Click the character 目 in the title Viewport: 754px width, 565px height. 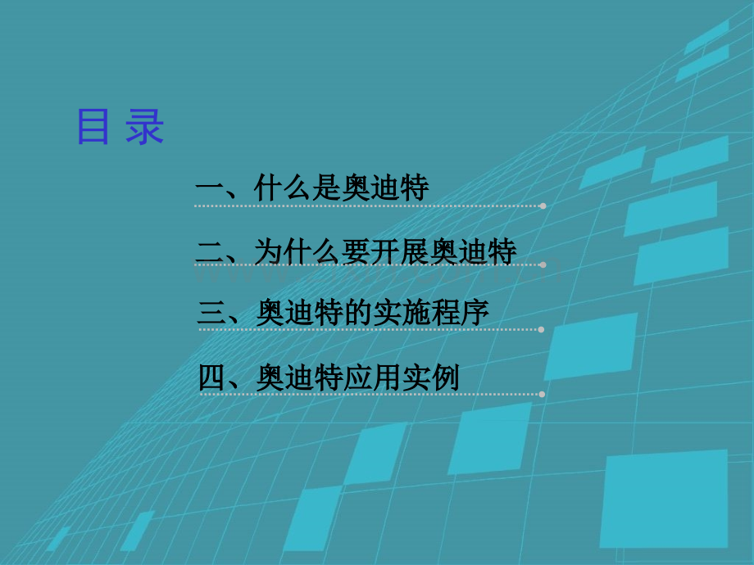pos(93,126)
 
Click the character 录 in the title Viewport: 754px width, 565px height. pos(145,126)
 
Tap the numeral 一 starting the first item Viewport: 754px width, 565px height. pos(209,188)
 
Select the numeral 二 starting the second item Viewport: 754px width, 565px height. pos(211,251)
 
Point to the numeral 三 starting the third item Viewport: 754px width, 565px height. pos(212,313)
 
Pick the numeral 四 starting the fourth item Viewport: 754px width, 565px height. pos(213,377)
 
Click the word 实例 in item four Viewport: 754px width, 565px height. pos(431,377)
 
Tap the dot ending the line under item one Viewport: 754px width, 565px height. pos(543,206)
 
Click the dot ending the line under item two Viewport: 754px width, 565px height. pos(543,264)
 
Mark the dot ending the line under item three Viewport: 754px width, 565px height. pos(541,329)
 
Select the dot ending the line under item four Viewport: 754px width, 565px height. pos(542,395)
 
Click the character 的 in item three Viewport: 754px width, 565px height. pos(358,313)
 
